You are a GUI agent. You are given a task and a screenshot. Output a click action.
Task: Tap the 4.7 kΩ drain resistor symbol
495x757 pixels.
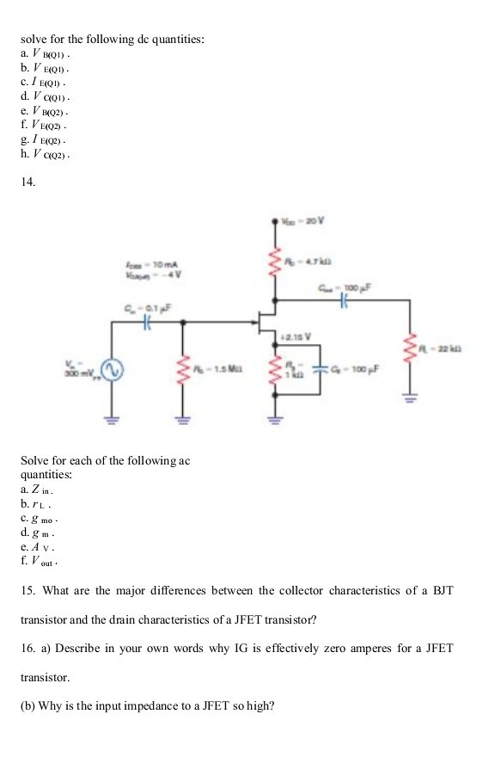coord(273,260)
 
